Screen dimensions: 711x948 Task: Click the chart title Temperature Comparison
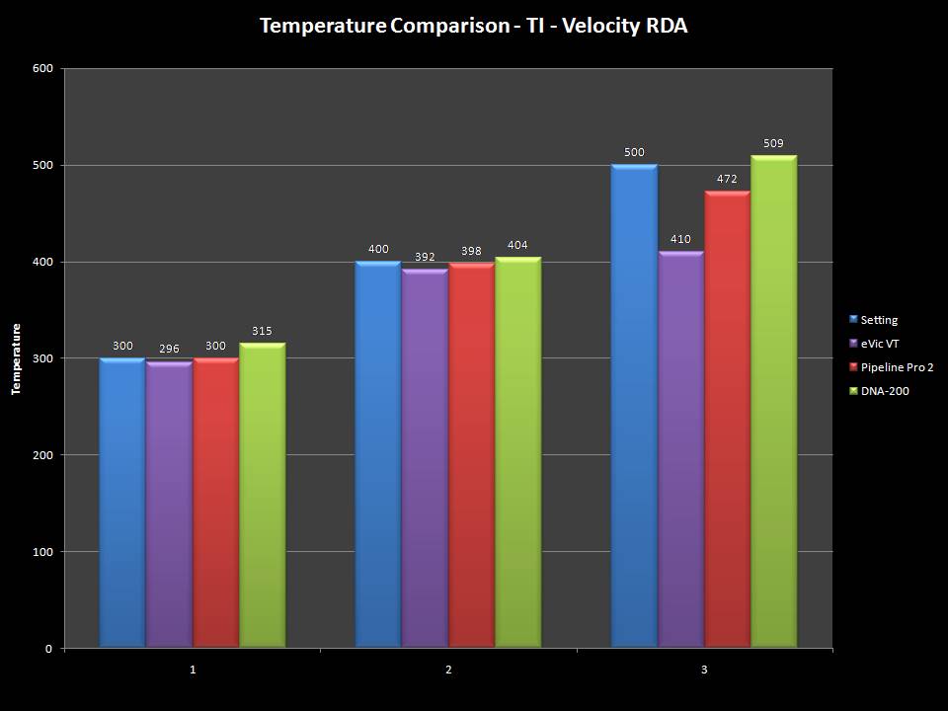[473, 26]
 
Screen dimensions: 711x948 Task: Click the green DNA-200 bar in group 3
[773, 401]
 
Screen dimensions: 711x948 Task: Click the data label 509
[773, 144]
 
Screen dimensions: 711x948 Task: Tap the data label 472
[727, 180]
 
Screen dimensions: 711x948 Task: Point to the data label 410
[680, 240]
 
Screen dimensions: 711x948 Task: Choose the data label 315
[262, 331]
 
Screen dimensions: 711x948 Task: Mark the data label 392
[425, 257]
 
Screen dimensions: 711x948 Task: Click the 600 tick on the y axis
[42, 69]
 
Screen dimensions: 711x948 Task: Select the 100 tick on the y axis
[42, 552]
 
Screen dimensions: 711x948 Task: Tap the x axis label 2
[448, 671]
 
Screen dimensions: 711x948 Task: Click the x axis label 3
[704, 671]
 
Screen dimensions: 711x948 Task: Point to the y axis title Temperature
[16, 358]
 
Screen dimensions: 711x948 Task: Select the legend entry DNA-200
[884, 391]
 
